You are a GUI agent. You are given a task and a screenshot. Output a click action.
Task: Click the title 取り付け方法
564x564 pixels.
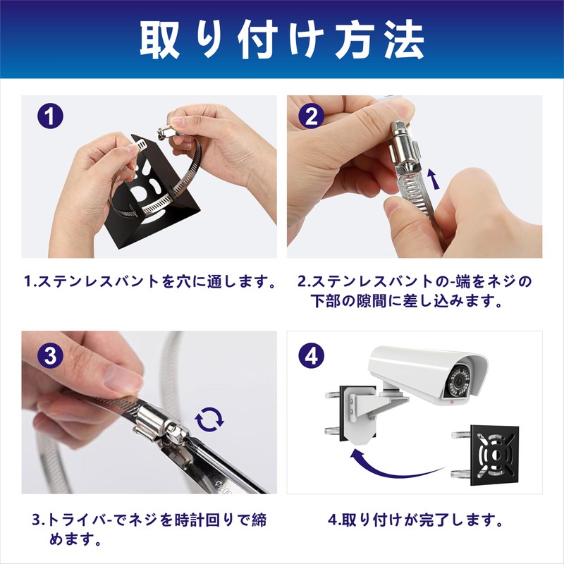pos(282,40)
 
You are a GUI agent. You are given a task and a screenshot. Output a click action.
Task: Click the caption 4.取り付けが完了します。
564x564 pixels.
pos(416,522)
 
